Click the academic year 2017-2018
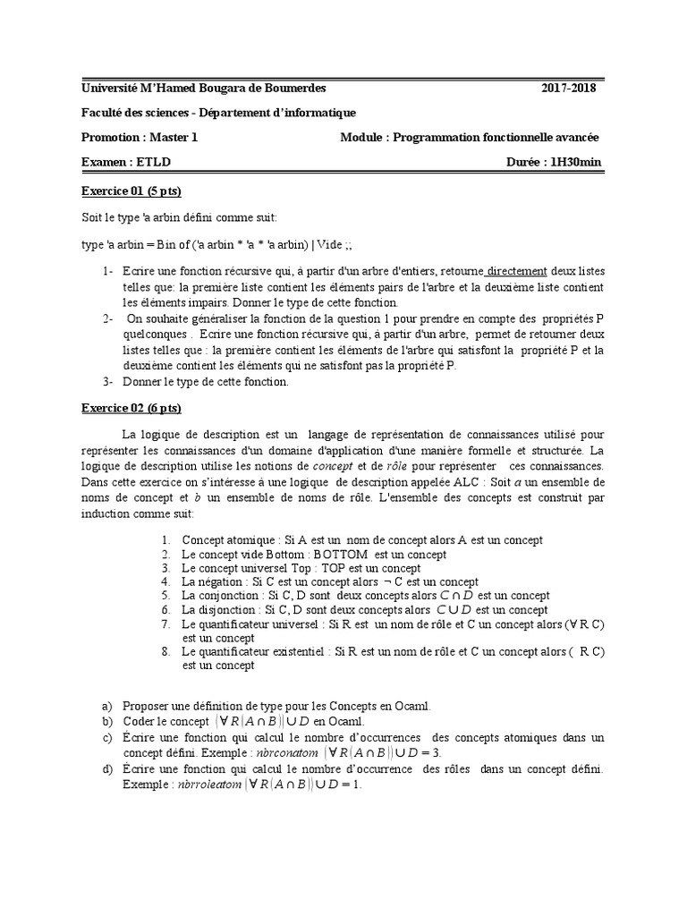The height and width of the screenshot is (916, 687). click(x=568, y=88)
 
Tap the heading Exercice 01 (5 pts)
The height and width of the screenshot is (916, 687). click(x=131, y=191)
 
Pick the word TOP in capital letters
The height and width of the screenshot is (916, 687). click(x=335, y=568)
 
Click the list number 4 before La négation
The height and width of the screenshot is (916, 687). click(x=166, y=581)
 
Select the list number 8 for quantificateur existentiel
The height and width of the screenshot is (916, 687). click(x=166, y=651)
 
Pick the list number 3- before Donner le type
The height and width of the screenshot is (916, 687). click(x=107, y=382)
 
